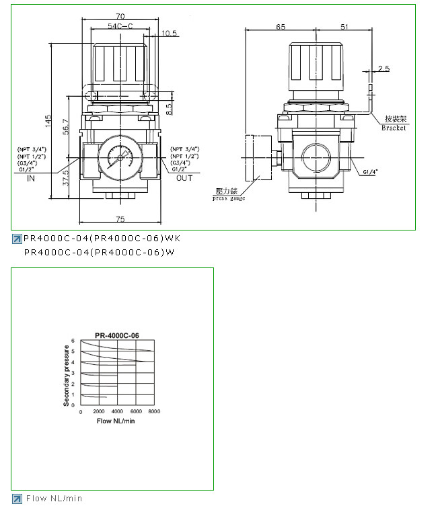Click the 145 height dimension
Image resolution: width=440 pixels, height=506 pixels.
tap(48, 121)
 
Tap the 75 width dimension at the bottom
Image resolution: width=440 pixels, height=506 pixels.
tap(121, 218)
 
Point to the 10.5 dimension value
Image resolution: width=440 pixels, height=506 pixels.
tap(170, 32)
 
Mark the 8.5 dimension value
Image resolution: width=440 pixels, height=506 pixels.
tap(169, 106)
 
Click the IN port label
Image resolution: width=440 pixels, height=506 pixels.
tap(31, 179)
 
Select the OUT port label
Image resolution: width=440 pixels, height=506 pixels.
tap(184, 179)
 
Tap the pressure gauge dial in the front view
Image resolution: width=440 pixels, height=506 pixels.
tap(120, 159)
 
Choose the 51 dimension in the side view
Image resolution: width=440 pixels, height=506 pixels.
tap(344, 27)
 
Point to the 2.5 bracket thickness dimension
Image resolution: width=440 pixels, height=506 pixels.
tap(384, 69)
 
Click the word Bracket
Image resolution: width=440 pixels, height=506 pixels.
tap(394, 128)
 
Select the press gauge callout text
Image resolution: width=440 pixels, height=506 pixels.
tap(229, 198)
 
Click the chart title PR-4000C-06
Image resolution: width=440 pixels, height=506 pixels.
tap(117, 334)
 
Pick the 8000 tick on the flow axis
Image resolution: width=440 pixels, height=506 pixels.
tap(153, 411)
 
